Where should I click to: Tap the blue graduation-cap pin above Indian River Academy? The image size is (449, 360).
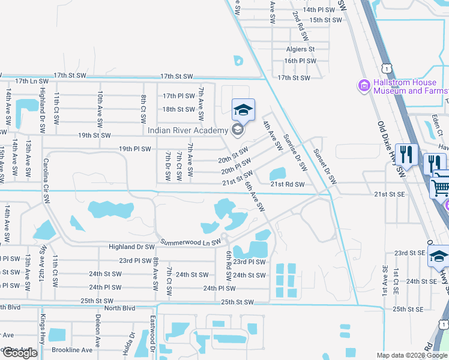pos(243,110)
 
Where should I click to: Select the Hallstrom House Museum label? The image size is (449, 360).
pos(411,86)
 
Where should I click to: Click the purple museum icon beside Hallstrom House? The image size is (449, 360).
pos(364,86)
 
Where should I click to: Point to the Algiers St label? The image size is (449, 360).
pos(300,49)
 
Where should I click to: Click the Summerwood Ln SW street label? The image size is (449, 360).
pos(190,242)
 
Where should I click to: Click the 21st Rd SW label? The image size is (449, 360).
pos(288,185)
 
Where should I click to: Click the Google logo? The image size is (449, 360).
pos(20,353)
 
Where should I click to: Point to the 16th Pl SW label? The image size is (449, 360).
pos(300,61)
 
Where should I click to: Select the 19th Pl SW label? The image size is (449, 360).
pos(134,148)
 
